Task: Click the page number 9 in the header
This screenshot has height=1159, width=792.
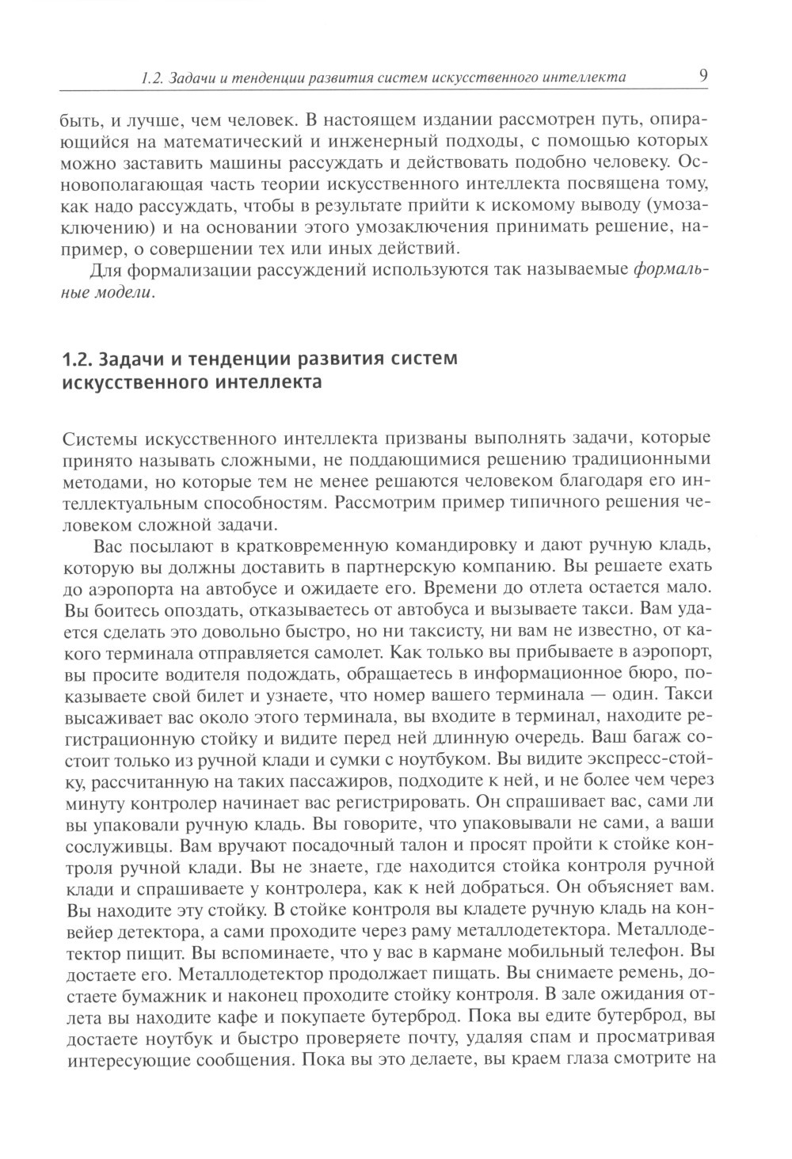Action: [x=702, y=76]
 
